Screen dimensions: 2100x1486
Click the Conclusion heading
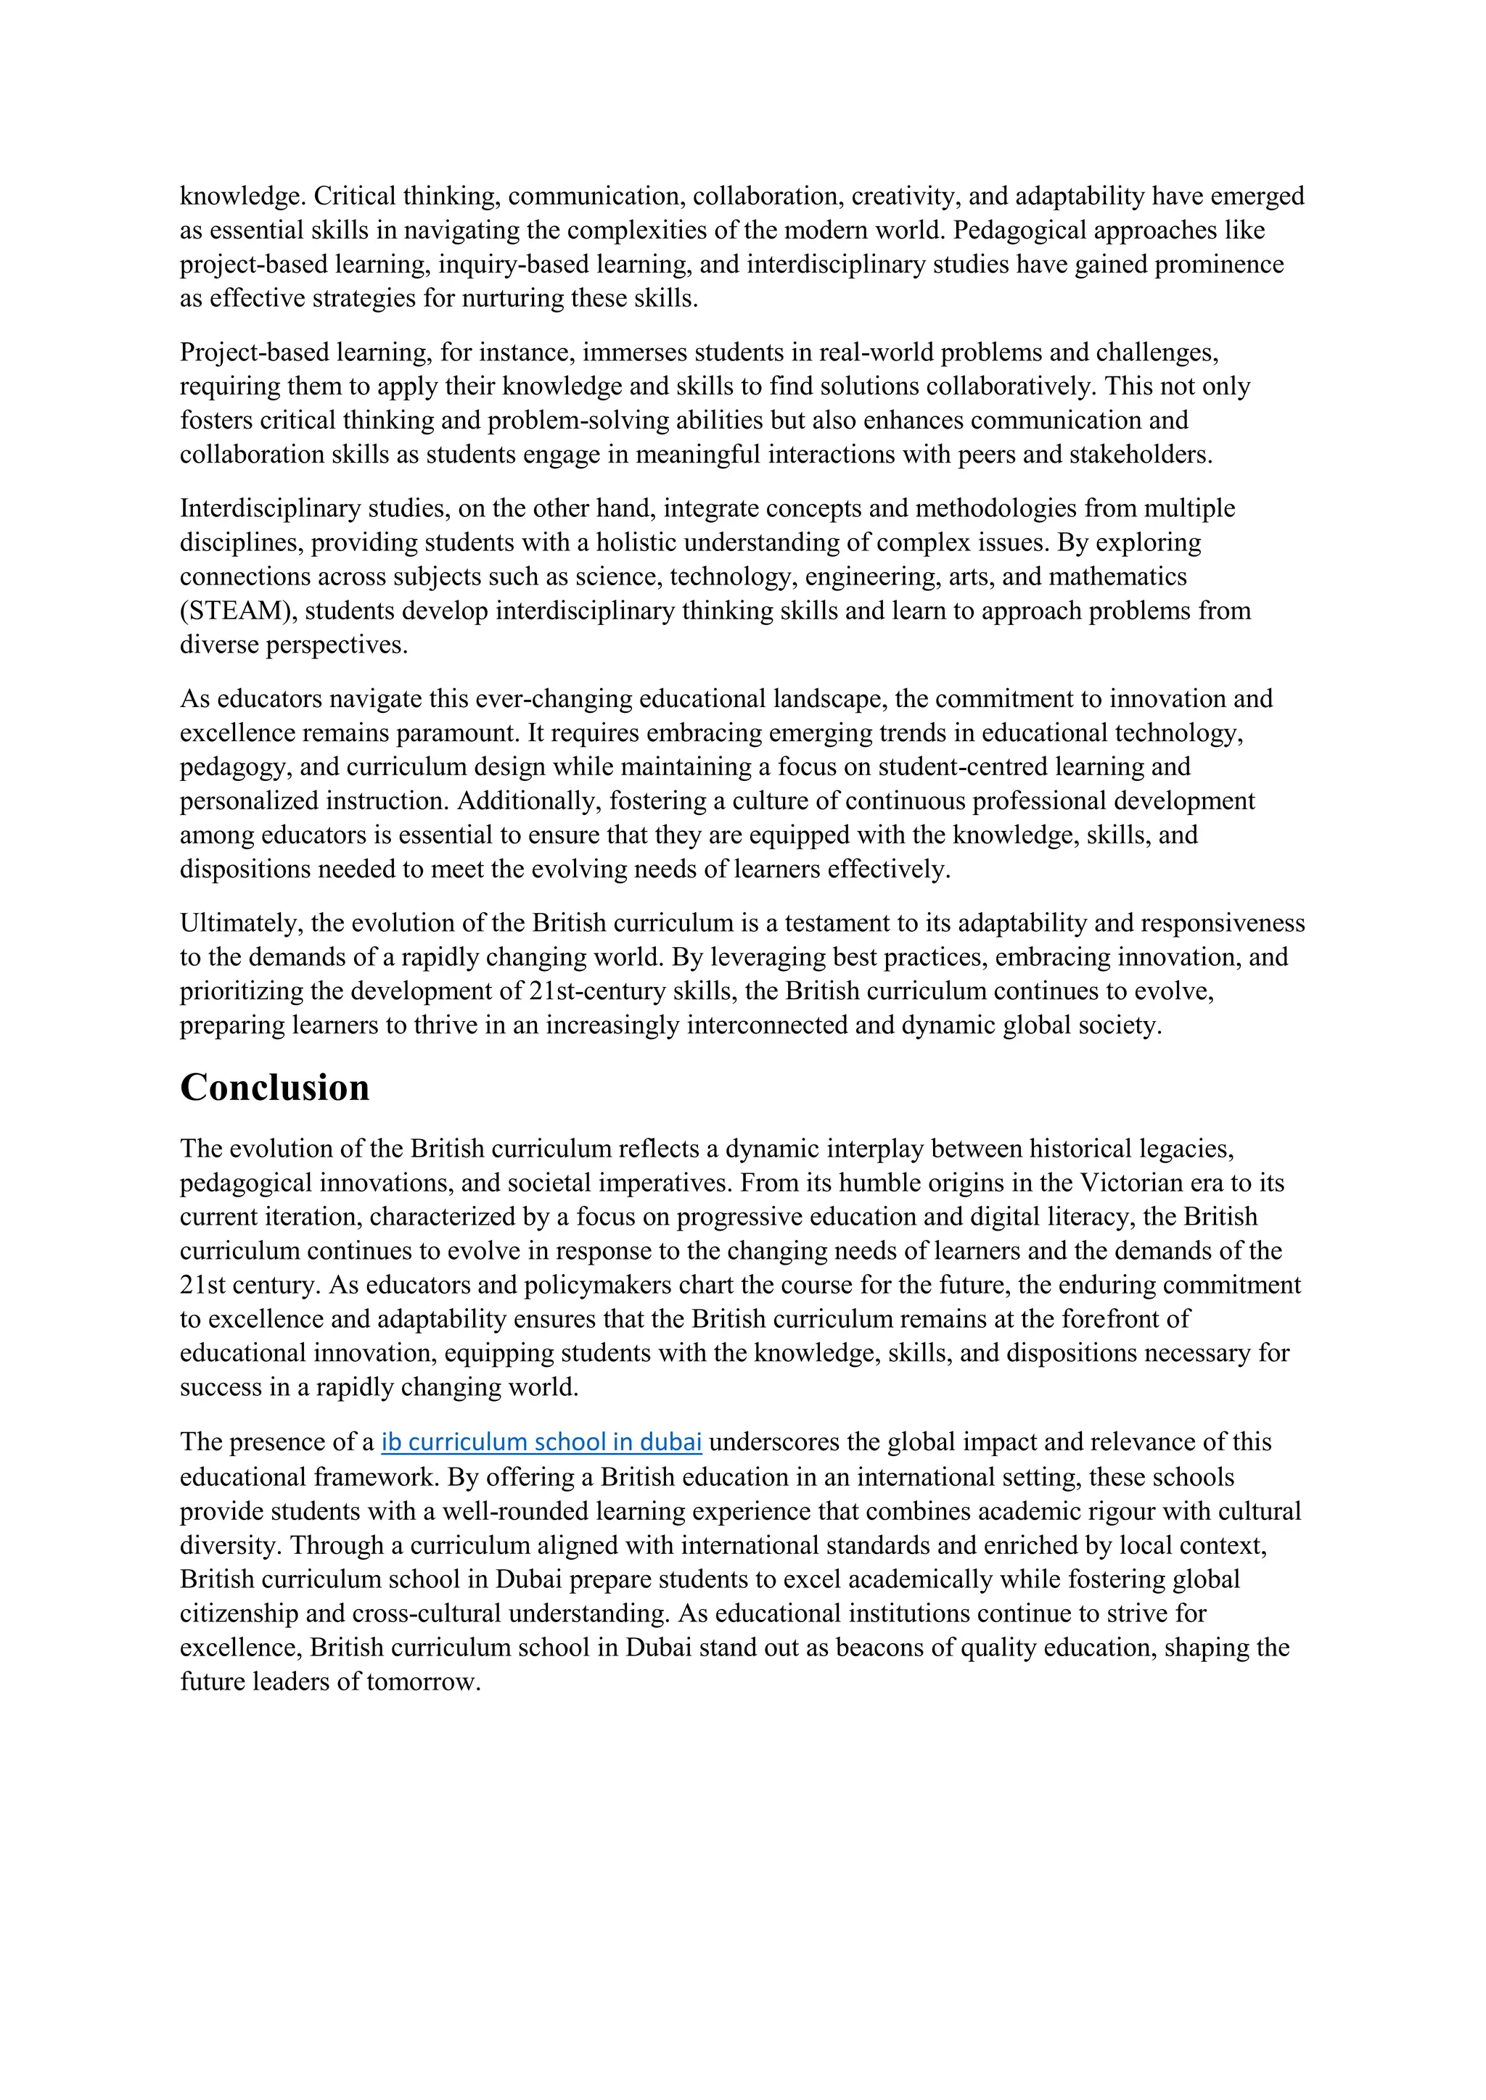(x=274, y=1088)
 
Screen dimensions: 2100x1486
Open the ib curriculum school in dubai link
(x=541, y=1442)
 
